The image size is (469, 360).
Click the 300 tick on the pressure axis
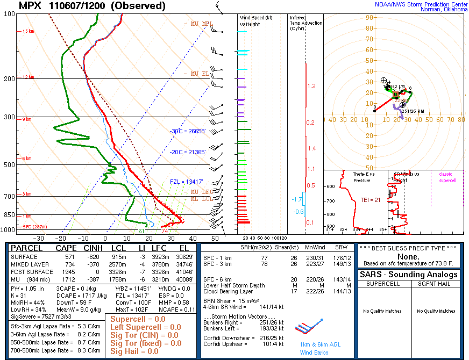9,117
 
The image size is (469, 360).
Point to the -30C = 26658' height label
188,131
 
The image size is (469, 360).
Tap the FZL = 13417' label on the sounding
187,182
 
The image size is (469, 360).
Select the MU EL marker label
196,74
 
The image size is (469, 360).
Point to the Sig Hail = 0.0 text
134,351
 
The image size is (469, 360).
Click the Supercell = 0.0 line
138,319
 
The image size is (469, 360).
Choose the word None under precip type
411,257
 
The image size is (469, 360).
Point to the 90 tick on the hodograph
369,18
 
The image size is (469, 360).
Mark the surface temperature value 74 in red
165,231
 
